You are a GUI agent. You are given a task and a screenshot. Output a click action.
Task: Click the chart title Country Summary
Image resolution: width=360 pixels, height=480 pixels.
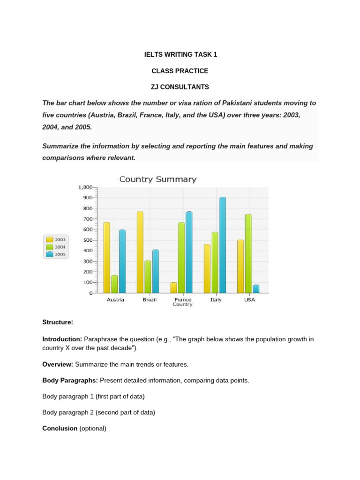pyautogui.click(x=158, y=179)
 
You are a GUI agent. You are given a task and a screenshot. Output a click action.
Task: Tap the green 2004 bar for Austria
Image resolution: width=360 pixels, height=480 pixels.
pyautogui.click(x=114, y=284)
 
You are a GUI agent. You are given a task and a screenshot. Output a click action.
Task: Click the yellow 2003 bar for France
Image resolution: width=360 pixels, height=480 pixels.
pyautogui.click(x=173, y=287)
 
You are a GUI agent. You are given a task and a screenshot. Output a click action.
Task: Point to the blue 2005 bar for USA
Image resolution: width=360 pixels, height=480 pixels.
pyautogui.click(x=255, y=289)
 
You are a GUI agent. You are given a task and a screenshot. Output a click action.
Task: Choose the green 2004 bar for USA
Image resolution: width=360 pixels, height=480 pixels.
pyautogui.click(x=248, y=254)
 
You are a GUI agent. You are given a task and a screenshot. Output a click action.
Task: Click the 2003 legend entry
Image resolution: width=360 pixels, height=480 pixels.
pyautogui.click(x=56, y=239)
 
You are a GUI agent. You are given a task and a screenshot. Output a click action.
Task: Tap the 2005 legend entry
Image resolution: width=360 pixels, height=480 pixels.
pyautogui.click(x=56, y=255)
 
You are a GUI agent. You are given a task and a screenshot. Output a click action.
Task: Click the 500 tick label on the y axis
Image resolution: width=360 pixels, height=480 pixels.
pyautogui.click(x=87, y=240)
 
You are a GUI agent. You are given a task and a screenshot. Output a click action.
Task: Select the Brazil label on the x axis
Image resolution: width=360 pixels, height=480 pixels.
pyautogui.click(x=149, y=300)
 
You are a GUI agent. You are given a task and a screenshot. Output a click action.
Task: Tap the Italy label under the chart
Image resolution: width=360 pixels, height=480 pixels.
pyautogui.click(x=216, y=300)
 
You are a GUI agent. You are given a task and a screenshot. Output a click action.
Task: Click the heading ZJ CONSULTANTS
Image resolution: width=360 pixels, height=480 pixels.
pyautogui.click(x=180, y=87)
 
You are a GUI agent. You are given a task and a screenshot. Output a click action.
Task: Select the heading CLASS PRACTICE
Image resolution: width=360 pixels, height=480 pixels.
pyautogui.click(x=180, y=71)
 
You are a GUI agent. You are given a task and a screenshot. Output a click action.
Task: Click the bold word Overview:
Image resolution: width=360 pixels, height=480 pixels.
pyautogui.click(x=56, y=364)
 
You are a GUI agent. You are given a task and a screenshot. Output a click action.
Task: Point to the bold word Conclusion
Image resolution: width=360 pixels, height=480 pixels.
pyautogui.click(x=60, y=428)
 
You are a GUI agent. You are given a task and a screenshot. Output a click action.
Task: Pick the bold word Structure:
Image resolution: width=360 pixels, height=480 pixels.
pyautogui.click(x=58, y=322)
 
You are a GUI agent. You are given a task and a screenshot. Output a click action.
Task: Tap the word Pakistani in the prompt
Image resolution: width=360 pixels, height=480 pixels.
pyautogui.click(x=220, y=103)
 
